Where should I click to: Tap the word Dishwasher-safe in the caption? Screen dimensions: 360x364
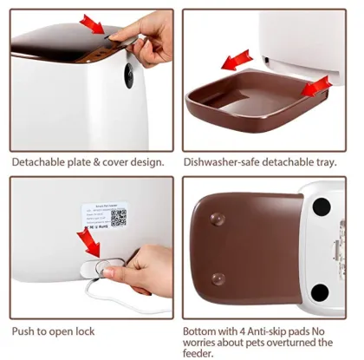(x=218, y=161)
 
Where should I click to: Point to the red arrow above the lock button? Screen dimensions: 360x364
(x=89, y=239)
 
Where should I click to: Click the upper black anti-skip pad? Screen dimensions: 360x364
(x=322, y=207)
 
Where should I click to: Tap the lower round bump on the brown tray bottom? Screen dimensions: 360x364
(x=218, y=278)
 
